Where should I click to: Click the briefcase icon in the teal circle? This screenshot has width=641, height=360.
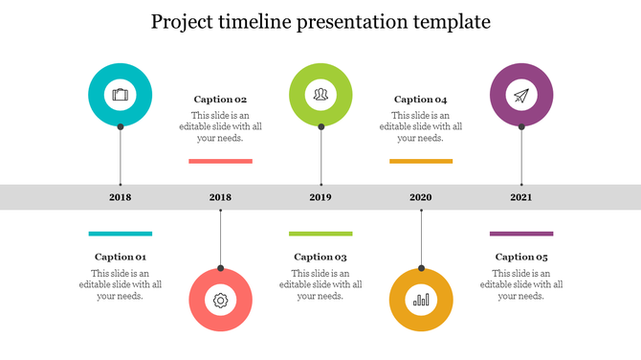pyautogui.click(x=120, y=94)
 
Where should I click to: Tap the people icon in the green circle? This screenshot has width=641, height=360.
pyautogui.click(x=320, y=94)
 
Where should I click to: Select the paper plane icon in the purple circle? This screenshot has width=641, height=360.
pyautogui.click(x=521, y=95)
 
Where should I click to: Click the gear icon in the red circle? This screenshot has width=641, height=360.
pyautogui.click(x=221, y=301)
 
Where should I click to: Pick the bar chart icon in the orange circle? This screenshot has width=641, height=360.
pyautogui.click(x=421, y=301)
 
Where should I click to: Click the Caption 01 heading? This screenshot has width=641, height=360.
pyautogui.click(x=121, y=257)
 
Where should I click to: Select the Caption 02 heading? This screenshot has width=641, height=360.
pyautogui.click(x=221, y=99)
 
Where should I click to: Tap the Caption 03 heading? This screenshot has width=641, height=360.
pyautogui.click(x=320, y=257)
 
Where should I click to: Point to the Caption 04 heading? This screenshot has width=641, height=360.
pyautogui.click(x=421, y=99)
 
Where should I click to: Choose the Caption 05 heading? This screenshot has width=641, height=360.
pyautogui.click(x=521, y=257)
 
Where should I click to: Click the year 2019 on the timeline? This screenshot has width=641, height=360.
pyautogui.click(x=320, y=197)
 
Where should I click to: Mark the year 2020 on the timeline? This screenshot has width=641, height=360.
pyautogui.click(x=421, y=197)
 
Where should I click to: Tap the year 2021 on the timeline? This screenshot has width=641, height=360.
pyautogui.click(x=521, y=197)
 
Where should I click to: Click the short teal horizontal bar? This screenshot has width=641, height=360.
pyautogui.click(x=121, y=233)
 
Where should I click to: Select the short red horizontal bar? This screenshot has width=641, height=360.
pyautogui.click(x=221, y=161)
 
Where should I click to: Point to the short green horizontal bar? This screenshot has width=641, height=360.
pyautogui.click(x=320, y=233)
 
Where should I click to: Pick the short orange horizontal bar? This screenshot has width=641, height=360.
pyautogui.click(x=421, y=161)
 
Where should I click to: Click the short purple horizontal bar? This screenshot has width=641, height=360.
pyautogui.click(x=521, y=233)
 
